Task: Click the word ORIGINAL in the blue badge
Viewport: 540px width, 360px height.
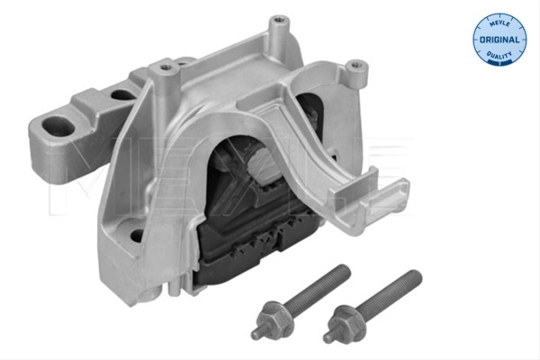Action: (499, 40)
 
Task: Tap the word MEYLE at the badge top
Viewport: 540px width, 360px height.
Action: (499, 23)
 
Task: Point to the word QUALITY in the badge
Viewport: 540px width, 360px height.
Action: (499, 55)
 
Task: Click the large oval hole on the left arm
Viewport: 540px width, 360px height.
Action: (58, 127)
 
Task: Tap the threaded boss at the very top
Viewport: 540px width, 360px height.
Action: (279, 22)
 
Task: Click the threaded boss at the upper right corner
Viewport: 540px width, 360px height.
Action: (356, 66)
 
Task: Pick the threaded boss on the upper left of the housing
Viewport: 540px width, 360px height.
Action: (165, 67)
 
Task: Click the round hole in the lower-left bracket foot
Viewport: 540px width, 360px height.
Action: (137, 236)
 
